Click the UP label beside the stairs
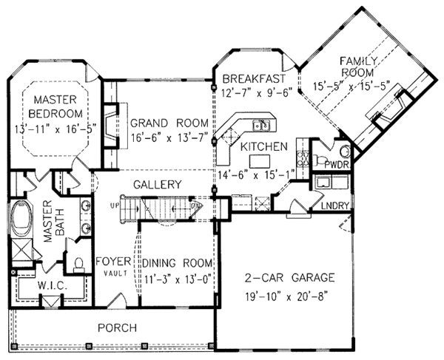click(x=114, y=204)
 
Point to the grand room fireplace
click(x=110, y=129)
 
